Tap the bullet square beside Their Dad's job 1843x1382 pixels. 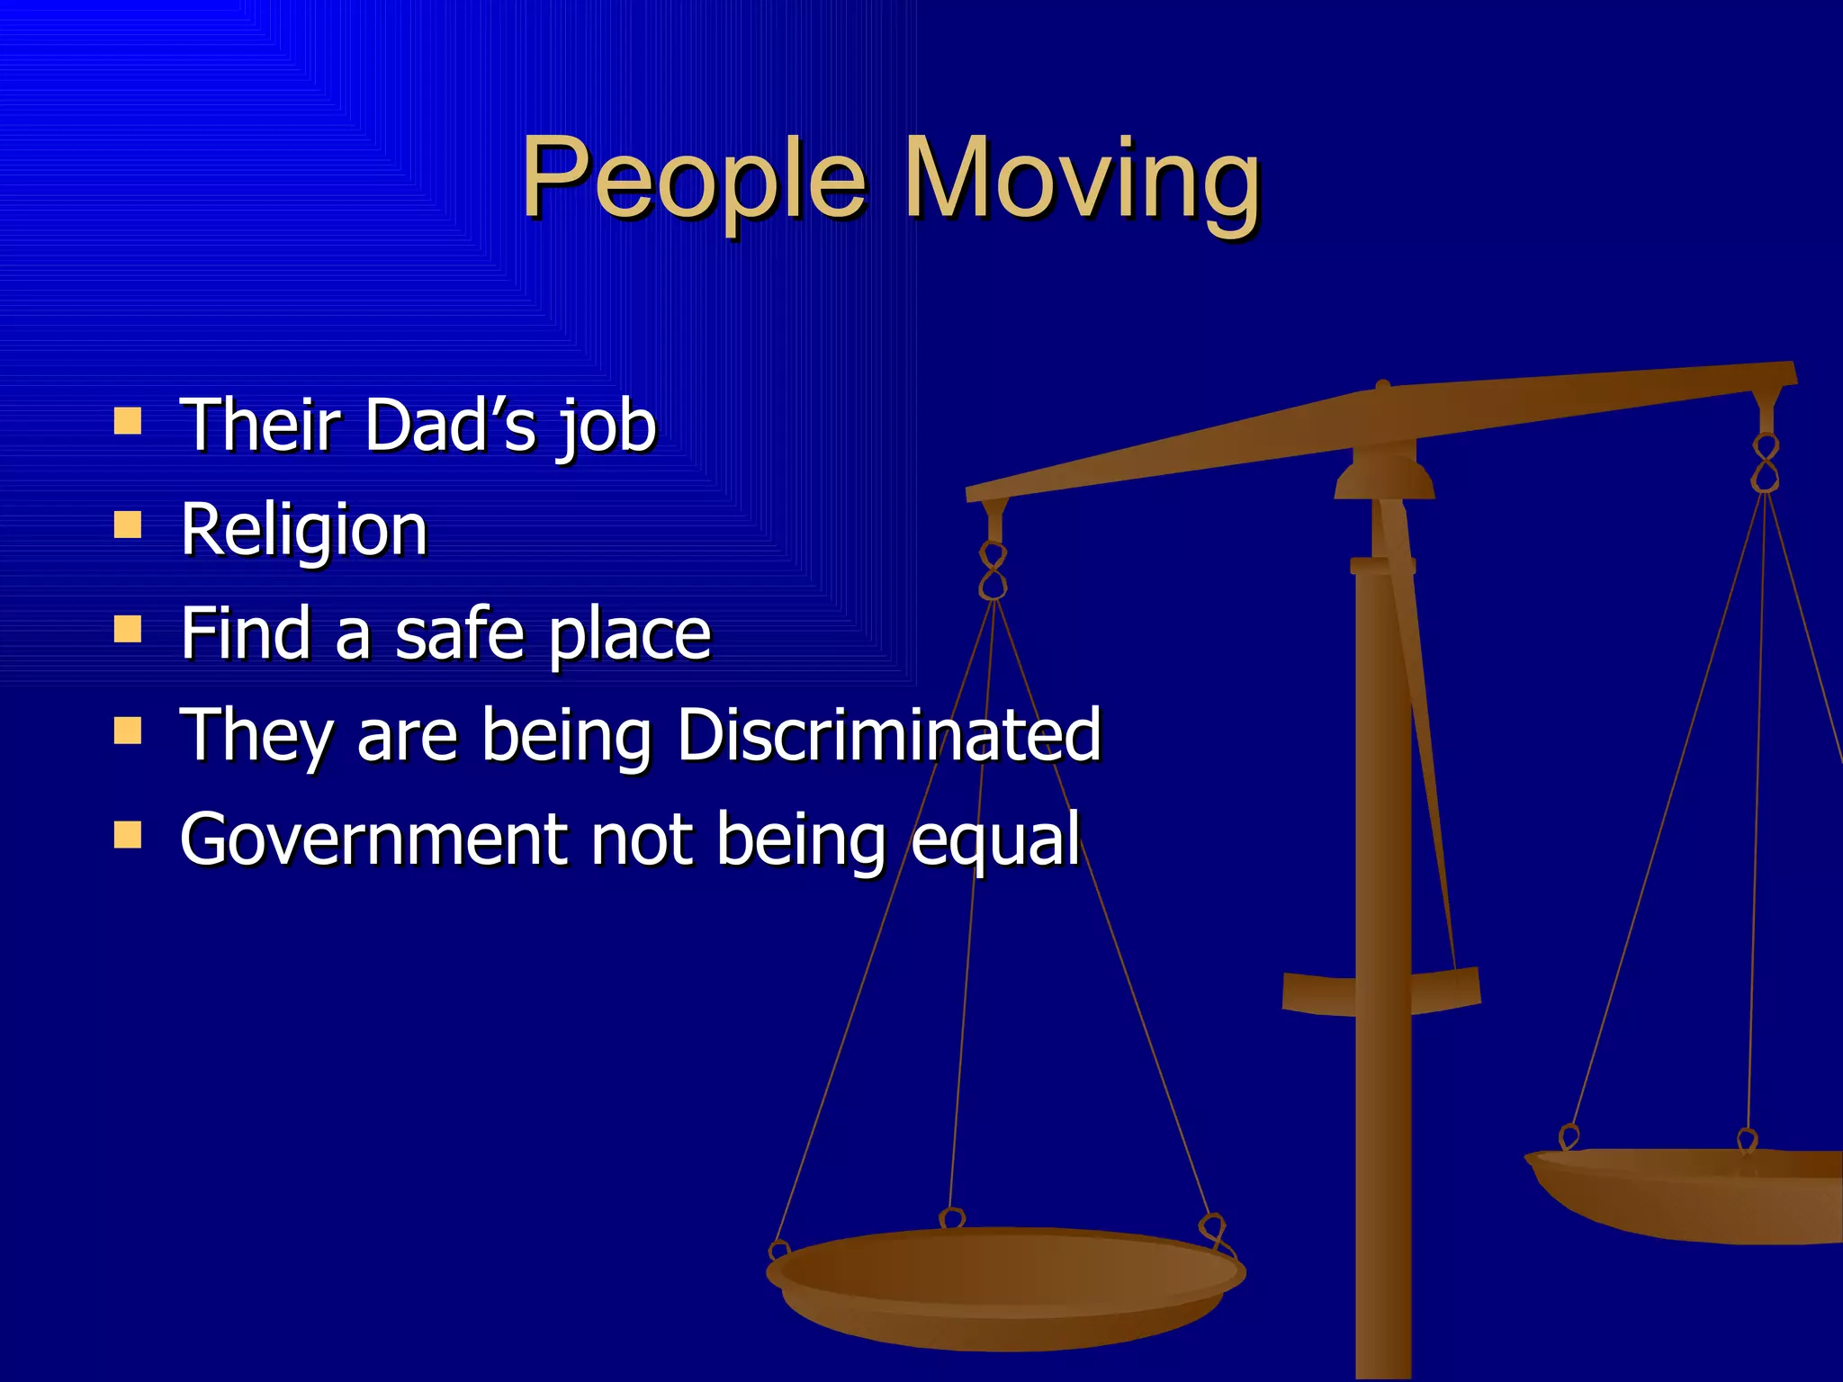coord(128,421)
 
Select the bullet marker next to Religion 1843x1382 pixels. coord(128,525)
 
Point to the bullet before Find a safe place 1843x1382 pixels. coord(128,629)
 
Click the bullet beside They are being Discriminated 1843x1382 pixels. coord(128,731)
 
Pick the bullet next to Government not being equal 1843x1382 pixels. coord(128,835)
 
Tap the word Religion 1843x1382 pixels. coord(304,531)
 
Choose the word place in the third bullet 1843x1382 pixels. coord(630,635)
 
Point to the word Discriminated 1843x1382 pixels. coord(889,735)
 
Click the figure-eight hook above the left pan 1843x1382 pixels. coord(993,571)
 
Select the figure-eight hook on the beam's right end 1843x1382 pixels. coord(1766,463)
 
